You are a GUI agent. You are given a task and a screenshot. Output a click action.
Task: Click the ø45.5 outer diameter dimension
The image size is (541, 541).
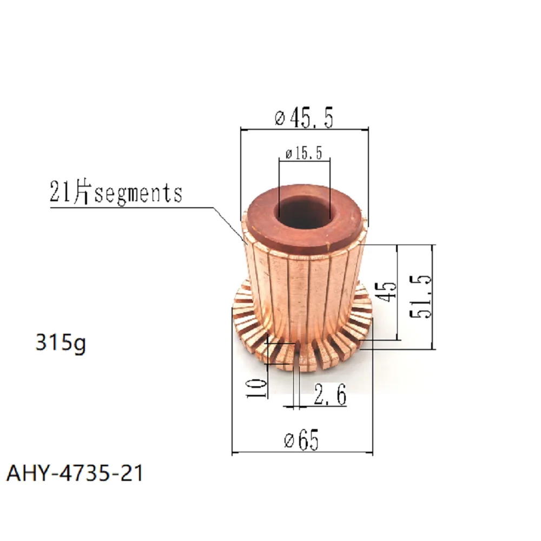[304, 117]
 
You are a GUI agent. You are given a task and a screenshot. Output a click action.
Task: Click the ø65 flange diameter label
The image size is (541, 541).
[302, 441]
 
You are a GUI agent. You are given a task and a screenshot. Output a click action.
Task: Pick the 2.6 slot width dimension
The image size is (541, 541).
[329, 397]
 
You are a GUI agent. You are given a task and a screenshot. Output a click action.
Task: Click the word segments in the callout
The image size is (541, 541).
[138, 193]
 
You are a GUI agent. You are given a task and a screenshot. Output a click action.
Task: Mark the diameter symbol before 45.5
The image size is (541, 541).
[280, 118]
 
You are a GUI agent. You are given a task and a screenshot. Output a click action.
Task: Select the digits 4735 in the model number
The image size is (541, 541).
[88, 473]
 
